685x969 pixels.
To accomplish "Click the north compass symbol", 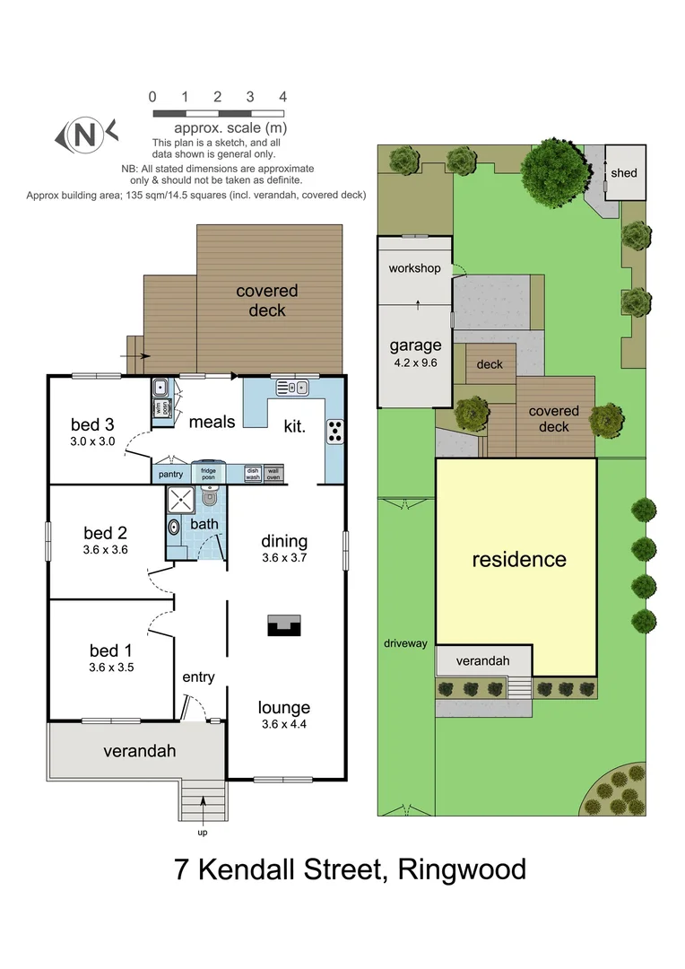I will pyautogui.click(x=86, y=135).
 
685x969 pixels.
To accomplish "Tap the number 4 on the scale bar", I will pyautogui.click(x=282, y=97).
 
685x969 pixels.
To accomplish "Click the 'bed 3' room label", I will pyautogui.click(x=91, y=424).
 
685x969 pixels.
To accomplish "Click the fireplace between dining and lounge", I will pyautogui.click(x=285, y=625).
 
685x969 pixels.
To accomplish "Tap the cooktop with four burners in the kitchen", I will pyautogui.click(x=335, y=432).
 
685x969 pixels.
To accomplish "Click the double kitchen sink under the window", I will pyautogui.click(x=292, y=388).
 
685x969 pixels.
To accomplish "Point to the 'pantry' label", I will pyautogui.click(x=170, y=474).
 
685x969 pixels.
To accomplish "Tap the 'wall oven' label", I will pyautogui.click(x=273, y=473).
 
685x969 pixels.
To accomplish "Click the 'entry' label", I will pyautogui.click(x=198, y=677).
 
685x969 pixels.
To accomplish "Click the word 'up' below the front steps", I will pyautogui.click(x=202, y=832).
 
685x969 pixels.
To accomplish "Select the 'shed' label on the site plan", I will pyautogui.click(x=624, y=171).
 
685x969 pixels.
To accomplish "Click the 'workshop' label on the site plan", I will pyautogui.click(x=414, y=268).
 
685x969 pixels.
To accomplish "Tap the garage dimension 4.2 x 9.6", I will pyautogui.click(x=415, y=363).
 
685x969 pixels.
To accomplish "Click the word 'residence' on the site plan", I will pyautogui.click(x=519, y=559).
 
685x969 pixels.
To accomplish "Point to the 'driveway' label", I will pyautogui.click(x=406, y=643).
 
